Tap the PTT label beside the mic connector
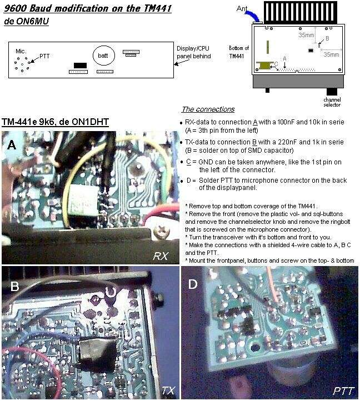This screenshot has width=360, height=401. coord(44,56)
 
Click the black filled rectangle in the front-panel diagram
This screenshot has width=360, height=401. coord(80,66)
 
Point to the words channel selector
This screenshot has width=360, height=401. coord(332,102)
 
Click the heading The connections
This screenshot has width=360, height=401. coord(208,109)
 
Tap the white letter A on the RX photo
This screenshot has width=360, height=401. coord(12,145)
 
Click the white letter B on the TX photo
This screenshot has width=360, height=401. coord(15,286)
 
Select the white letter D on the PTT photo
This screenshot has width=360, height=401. coord(193,284)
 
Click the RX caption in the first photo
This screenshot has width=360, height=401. coord(161,255)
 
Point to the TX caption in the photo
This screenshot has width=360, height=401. coord(168,390)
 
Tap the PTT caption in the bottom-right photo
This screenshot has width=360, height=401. coord(343,391)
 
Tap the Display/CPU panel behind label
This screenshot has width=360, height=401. coord(194,52)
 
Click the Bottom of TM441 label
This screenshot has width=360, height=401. coord(239,52)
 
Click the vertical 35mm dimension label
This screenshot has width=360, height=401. coord(306,35)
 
